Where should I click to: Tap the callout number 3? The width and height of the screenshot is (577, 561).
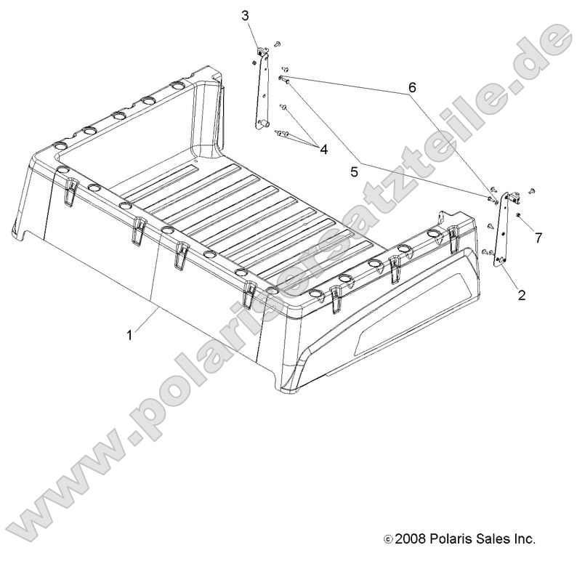pyautogui.click(x=245, y=15)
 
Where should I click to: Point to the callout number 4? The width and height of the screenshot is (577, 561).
pyautogui.click(x=323, y=150)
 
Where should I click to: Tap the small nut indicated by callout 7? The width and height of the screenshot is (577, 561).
pyautogui.click(x=517, y=216)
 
